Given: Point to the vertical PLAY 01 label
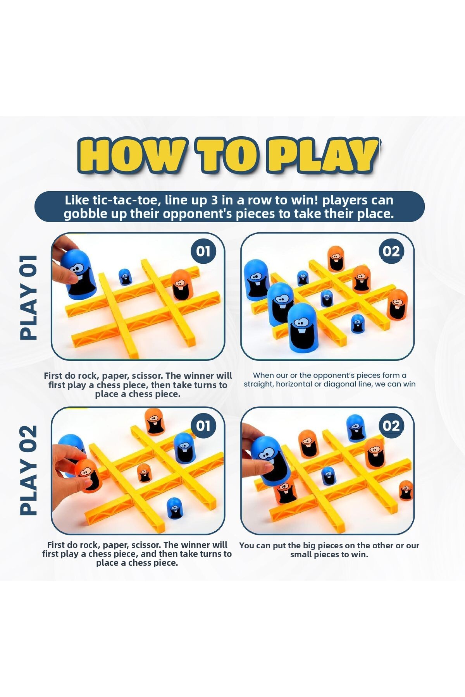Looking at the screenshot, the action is [29, 297].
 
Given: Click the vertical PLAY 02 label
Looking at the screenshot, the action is [29, 470].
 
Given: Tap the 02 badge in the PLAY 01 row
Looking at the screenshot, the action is [391, 251].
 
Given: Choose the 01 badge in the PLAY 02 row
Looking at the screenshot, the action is [203, 426].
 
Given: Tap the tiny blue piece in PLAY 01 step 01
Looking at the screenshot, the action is [125, 277].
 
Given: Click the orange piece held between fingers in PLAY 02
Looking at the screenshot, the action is [88, 476].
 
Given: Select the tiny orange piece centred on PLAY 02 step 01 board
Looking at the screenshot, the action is [144, 473].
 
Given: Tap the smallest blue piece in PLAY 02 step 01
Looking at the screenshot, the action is [175, 508].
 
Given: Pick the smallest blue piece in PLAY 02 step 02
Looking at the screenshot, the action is [328, 476].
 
